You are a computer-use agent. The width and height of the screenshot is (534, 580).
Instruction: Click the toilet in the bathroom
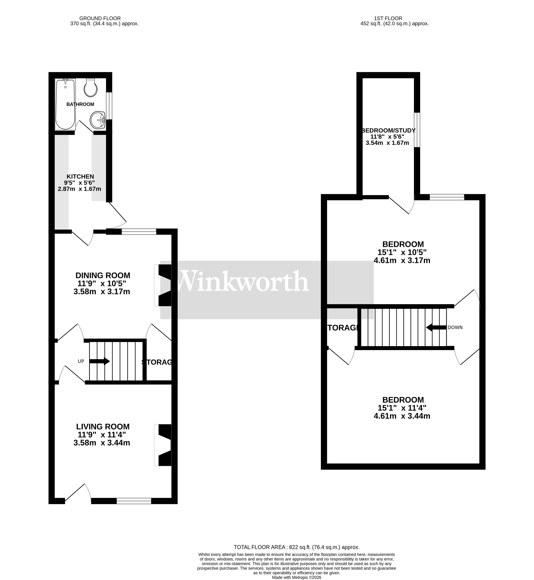[90, 88]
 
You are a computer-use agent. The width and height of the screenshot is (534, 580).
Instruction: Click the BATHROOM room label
[80, 104]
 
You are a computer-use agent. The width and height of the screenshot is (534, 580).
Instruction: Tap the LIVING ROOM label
[103, 427]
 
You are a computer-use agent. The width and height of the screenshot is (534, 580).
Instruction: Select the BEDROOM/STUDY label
[388, 130]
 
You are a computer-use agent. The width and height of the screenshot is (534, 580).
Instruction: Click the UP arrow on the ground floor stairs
[99, 361]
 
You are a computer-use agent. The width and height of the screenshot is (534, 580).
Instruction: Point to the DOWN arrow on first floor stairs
[436, 328]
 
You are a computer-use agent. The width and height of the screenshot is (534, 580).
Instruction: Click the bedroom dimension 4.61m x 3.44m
[402, 416]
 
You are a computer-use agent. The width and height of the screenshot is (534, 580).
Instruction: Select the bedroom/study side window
[417, 130]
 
